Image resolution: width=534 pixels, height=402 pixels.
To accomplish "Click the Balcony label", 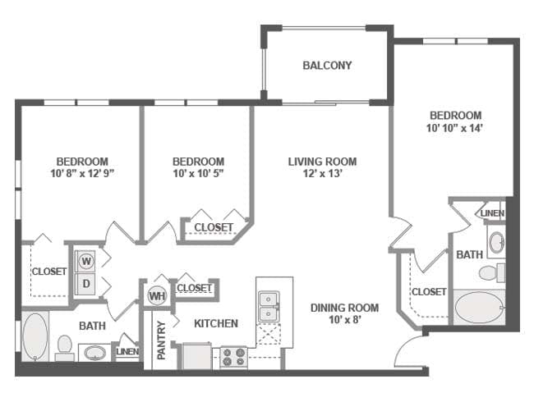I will coord(327,66).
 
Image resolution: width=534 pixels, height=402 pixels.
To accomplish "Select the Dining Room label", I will coord(344,308).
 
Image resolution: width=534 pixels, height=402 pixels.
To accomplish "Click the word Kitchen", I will coord(216,323).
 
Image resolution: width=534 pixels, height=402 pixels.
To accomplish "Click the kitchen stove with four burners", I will coord(232,358).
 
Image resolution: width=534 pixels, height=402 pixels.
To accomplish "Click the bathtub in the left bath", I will coord(35,336).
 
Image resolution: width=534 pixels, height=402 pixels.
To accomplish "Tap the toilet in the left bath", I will coord(64,347).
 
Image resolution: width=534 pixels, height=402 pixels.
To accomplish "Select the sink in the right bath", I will coord(495,242).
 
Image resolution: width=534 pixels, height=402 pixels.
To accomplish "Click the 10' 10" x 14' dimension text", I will coord(453,128).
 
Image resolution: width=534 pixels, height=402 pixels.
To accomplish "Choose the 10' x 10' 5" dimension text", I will coord(198,173).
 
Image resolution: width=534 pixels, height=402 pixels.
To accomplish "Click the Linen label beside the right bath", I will coord(492,213).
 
